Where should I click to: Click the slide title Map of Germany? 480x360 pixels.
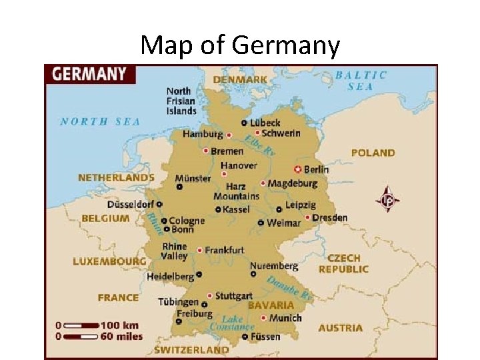240,45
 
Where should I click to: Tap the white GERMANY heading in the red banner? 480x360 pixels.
89,73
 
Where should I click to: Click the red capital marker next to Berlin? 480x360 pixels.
298,169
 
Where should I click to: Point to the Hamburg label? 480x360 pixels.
203,134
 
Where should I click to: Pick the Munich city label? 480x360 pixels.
285,318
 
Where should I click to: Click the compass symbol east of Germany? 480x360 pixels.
389,199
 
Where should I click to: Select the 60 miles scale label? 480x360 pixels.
122,335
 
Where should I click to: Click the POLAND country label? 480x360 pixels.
373,153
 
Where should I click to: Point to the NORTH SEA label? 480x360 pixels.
100,121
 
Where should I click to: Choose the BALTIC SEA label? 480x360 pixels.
361,81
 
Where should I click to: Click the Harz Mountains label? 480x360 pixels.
236,191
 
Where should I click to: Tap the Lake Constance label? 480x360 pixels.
232,323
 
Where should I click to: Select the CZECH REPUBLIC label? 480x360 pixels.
343,263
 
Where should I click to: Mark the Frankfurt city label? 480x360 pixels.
224,250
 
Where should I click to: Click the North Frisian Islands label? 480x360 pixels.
181,101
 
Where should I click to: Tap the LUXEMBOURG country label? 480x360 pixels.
109,261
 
